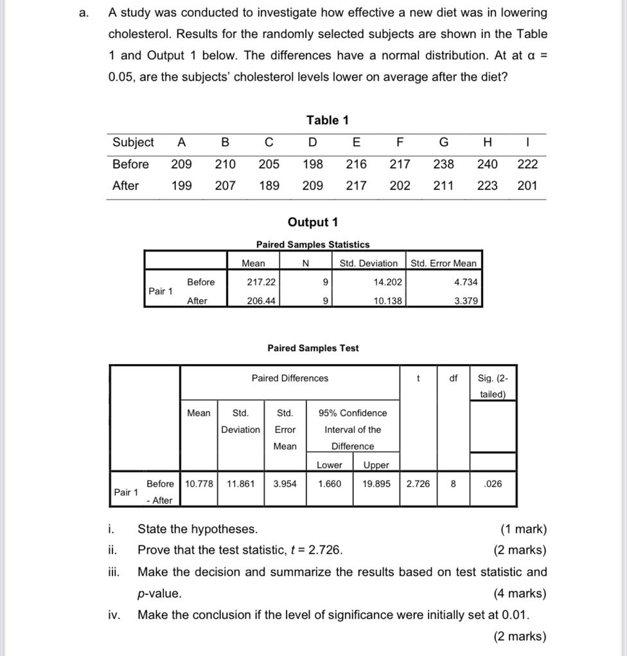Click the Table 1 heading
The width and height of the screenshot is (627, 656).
click(327, 120)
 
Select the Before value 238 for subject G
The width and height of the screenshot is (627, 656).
click(443, 164)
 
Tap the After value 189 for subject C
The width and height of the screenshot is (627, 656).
click(269, 186)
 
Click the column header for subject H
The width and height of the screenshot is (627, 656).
click(488, 142)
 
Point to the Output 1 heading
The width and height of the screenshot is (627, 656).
click(313, 223)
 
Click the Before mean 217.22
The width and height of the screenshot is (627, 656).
click(261, 282)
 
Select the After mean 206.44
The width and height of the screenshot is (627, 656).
click(261, 300)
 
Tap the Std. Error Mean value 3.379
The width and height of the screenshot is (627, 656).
click(465, 300)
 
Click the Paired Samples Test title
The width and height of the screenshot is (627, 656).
click(313, 348)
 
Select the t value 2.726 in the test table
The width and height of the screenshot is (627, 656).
click(419, 484)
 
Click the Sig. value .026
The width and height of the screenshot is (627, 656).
click(493, 484)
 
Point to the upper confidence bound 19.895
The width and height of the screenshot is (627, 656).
click(376, 484)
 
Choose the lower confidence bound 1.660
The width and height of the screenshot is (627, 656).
click(330, 484)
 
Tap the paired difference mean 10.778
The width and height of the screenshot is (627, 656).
click(199, 484)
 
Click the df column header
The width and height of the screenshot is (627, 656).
click(453, 378)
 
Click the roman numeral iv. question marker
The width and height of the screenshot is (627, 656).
click(113, 615)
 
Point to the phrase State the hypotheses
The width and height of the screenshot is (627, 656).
click(198, 529)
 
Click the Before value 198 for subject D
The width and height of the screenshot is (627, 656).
click(312, 164)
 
